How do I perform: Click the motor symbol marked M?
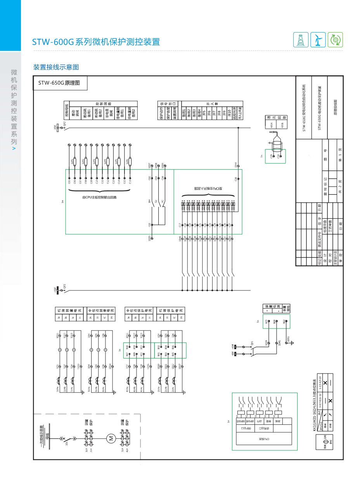pos(111,438)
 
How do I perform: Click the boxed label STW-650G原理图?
pos(59,83)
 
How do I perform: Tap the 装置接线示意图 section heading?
pos(56,67)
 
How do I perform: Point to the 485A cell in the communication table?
pos(271,125)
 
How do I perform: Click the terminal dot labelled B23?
pos(266,326)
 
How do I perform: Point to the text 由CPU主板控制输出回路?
pos(99,197)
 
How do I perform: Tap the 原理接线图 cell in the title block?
pos(335,107)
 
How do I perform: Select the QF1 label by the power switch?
pos(252,343)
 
